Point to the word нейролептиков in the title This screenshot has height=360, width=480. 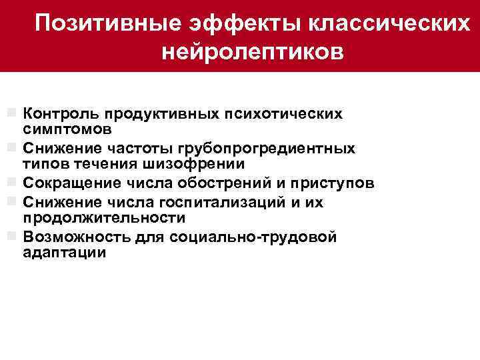[x=253, y=51]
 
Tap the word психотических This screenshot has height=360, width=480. [x=290, y=113]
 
